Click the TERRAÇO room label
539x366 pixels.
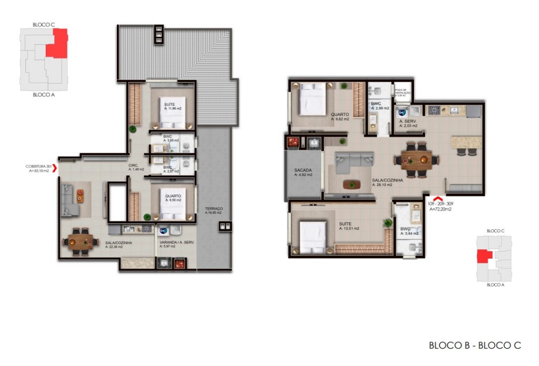(214, 209)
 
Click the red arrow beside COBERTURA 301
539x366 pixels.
(55, 169)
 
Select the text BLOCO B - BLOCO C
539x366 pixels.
(475, 345)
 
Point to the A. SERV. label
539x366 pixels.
(408, 121)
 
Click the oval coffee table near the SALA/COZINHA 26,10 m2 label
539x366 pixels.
(351, 184)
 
